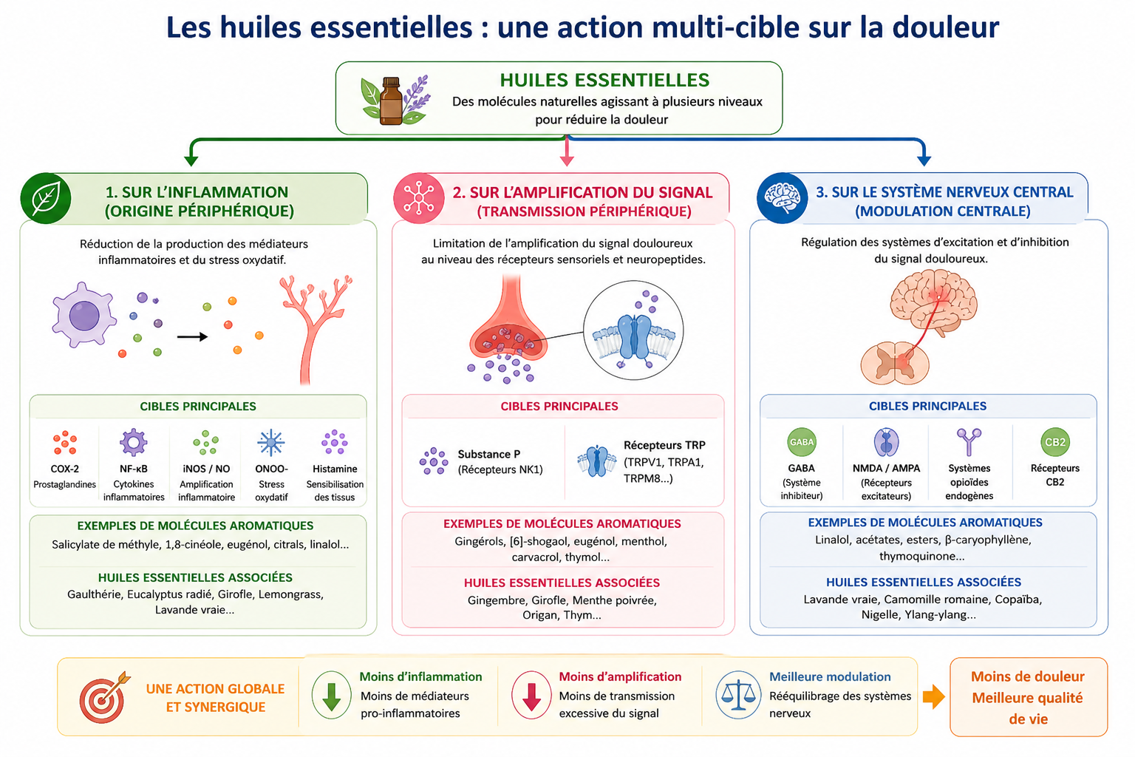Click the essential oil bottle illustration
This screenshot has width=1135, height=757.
coord(391,101)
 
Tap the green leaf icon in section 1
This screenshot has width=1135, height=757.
coord(46,198)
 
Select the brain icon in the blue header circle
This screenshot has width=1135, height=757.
coord(782,197)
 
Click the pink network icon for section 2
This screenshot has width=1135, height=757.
coord(419,198)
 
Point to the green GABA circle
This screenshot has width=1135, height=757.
coord(802,442)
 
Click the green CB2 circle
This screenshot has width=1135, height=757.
coord(1055,442)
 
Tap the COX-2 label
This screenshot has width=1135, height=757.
coord(65,469)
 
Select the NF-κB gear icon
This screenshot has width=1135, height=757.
coord(133,443)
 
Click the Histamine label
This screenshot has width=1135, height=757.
coord(335,469)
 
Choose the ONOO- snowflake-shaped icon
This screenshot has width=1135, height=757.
coord(271,443)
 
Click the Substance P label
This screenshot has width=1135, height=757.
coord(489,455)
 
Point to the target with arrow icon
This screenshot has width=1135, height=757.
coord(104,698)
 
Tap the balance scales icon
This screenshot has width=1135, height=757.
coord(737,695)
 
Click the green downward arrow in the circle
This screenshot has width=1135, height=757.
coord(331,696)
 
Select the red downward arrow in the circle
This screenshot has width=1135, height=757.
coord(531,696)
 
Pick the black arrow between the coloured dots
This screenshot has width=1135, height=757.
coord(193,336)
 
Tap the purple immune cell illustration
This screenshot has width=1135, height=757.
coord(84,315)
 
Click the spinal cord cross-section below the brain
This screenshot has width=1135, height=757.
coord(895,363)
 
